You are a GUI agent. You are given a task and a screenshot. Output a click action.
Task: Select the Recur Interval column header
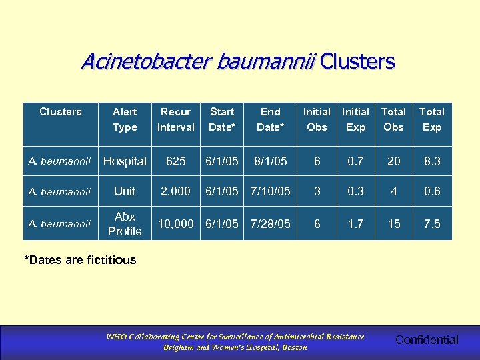click(x=175, y=119)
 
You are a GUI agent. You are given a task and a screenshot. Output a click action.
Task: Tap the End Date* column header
click(x=270, y=119)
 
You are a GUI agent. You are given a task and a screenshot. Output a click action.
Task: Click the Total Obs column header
click(x=393, y=119)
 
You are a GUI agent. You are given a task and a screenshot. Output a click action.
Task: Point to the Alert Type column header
click(x=125, y=119)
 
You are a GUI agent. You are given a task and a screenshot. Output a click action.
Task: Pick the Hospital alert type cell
click(x=125, y=161)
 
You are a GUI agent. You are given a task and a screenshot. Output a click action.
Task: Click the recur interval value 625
click(x=175, y=161)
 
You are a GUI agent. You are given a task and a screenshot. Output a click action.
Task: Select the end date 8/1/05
click(x=270, y=161)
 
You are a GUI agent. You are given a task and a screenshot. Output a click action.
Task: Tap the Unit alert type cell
click(x=125, y=191)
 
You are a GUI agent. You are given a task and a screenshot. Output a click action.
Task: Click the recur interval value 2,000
click(x=175, y=191)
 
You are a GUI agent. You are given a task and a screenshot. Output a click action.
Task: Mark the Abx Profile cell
click(x=125, y=224)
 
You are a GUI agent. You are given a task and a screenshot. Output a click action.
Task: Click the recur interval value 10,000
click(x=175, y=224)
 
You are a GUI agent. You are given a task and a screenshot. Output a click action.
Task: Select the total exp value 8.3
click(x=432, y=161)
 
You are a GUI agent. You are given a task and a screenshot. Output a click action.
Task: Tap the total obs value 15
click(x=394, y=224)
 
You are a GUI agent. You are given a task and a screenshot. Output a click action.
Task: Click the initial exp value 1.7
click(x=355, y=224)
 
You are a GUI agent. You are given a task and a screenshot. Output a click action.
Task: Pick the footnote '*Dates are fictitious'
click(x=80, y=260)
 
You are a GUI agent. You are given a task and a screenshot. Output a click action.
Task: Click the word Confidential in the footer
click(x=427, y=340)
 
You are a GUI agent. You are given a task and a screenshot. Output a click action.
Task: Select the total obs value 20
click(x=394, y=161)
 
